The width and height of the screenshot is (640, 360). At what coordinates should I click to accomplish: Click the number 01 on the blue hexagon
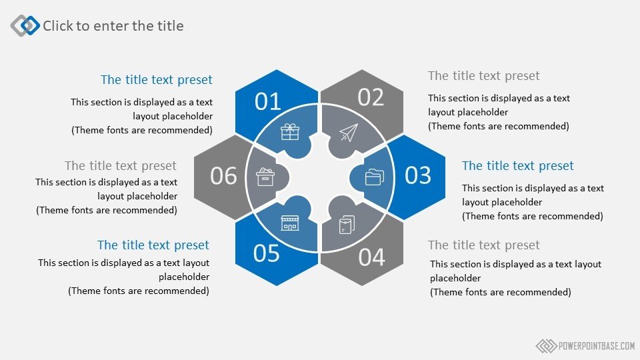click(268, 101)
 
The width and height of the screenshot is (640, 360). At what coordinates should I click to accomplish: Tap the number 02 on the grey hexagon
click(371, 97)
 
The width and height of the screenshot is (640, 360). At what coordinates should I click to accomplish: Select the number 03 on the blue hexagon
click(417, 175)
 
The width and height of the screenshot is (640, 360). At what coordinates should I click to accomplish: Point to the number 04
click(371, 257)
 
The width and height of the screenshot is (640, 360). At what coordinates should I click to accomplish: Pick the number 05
click(266, 253)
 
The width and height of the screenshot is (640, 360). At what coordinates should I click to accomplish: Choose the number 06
click(223, 176)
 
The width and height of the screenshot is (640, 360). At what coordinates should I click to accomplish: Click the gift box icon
click(290, 132)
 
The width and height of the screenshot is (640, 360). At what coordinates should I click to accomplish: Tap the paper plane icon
click(349, 133)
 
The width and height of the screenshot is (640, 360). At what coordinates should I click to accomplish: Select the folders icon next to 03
click(374, 177)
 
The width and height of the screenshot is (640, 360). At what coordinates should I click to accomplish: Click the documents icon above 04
click(347, 225)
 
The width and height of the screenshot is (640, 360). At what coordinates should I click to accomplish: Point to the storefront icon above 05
click(290, 223)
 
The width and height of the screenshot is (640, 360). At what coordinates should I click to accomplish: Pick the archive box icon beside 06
click(265, 177)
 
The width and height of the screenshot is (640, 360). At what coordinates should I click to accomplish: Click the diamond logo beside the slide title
click(25, 25)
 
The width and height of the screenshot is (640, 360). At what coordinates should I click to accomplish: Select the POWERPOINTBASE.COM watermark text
click(596, 346)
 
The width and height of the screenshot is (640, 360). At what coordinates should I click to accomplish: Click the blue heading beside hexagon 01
click(156, 79)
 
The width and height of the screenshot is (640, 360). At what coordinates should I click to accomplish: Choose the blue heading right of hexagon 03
click(517, 166)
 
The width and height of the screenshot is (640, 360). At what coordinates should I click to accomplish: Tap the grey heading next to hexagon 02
click(484, 76)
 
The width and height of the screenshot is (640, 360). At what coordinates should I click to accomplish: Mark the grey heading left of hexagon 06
click(121, 166)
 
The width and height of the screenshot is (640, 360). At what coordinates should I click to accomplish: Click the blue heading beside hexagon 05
click(153, 245)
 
